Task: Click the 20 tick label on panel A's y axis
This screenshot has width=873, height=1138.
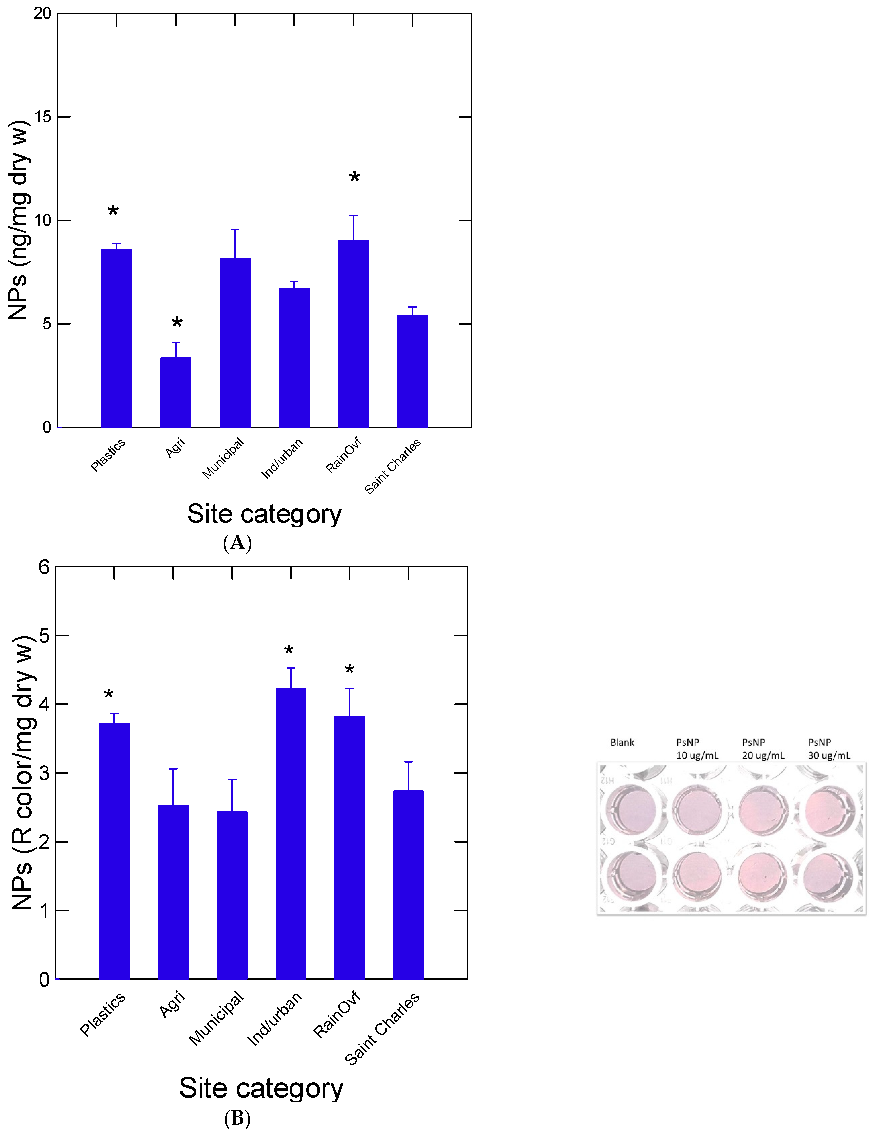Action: [43, 14]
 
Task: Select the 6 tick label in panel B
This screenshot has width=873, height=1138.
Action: [44, 567]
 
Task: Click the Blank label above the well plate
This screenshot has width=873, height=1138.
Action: [622, 742]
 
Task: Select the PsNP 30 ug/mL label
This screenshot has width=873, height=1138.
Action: [829, 749]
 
